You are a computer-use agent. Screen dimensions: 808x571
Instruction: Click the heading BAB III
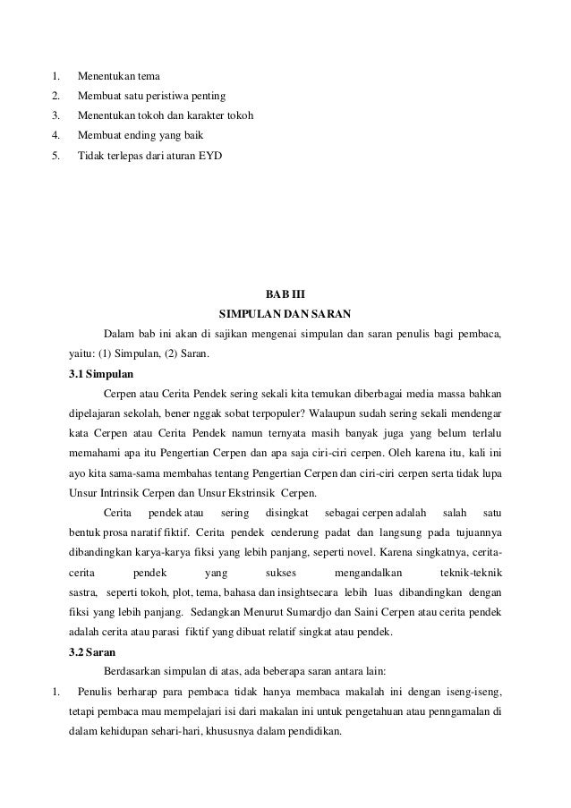tap(285, 294)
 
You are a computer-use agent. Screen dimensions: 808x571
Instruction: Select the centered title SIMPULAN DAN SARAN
tap(285, 314)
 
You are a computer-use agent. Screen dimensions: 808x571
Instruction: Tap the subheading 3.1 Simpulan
tap(100, 373)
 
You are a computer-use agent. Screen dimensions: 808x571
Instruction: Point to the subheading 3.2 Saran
tap(91, 652)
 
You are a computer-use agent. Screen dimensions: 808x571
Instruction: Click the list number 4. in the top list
tap(55, 136)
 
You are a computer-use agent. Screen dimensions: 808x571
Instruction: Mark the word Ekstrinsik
tap(248, 493)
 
